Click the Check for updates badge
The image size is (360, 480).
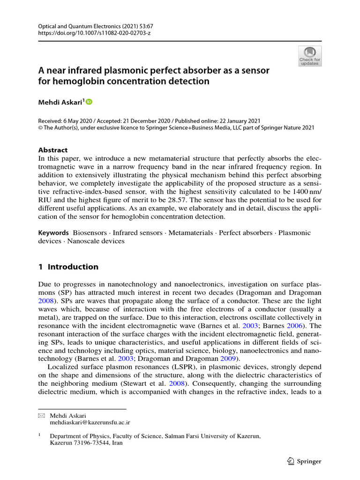(310, 56)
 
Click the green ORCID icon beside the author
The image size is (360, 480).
(89, 102)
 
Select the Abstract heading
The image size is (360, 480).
(52, 150)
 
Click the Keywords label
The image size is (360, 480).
(53, 233)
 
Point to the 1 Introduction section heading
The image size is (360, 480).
(68, 267)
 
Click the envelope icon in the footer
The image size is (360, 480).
(41, 416)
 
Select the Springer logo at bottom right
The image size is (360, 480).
(303, 461)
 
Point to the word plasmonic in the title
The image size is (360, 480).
(117, 70)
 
